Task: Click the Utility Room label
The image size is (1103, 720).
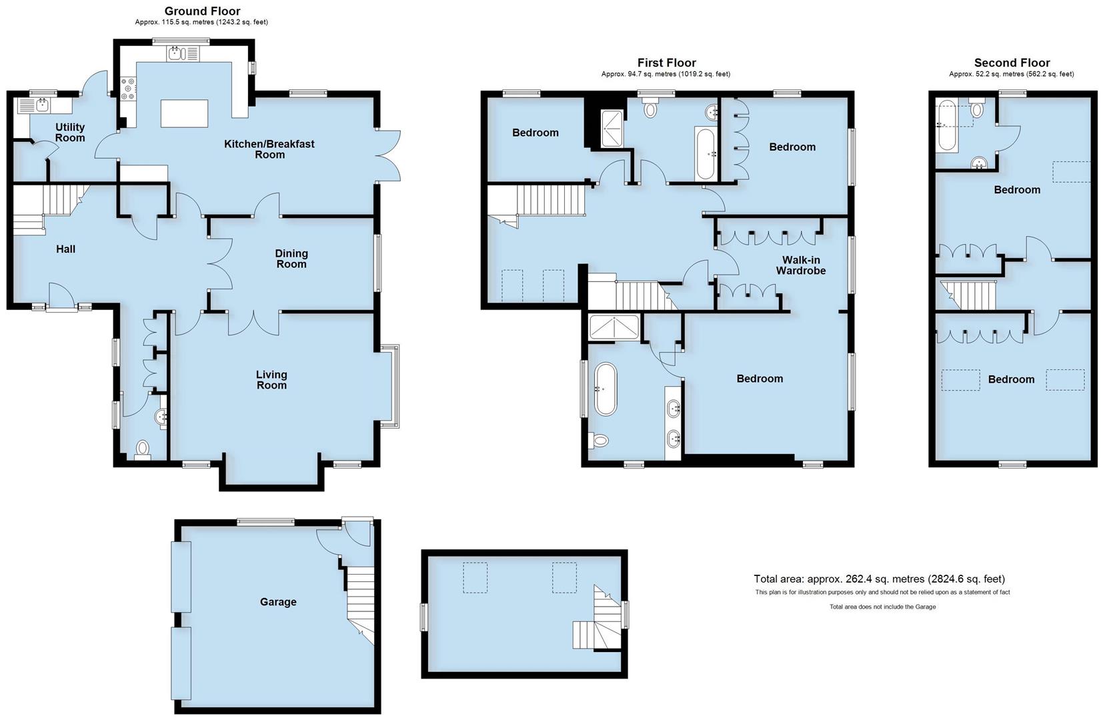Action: point(70,133)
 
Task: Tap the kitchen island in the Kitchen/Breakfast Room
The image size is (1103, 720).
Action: point(185,113)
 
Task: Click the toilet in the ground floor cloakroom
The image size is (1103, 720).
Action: point(142,449)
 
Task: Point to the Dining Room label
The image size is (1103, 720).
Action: point(291,259)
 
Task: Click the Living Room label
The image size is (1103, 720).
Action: point(271,380)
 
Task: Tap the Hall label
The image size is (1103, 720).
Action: point(65,249)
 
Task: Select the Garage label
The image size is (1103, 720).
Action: point(278,602)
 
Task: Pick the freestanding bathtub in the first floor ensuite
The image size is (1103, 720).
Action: point(606,389)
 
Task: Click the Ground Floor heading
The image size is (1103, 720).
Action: point(202,11)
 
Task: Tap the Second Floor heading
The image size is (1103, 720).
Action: point(1012,63)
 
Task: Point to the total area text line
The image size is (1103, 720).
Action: point(879,579)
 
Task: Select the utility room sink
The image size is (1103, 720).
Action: point(42,104)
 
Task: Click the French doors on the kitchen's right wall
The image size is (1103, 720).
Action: point(388,155)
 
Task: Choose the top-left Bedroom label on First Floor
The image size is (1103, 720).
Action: point(535,133)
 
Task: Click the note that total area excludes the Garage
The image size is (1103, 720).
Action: point(882,607)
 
